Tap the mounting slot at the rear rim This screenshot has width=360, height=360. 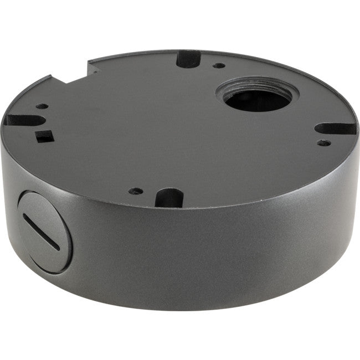188,59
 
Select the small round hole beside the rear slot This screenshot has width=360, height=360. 220,65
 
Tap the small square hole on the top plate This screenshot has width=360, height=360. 42,135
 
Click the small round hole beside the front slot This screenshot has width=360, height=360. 135,191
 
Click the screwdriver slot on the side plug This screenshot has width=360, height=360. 41,231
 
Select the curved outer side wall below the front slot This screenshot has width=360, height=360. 177,249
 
